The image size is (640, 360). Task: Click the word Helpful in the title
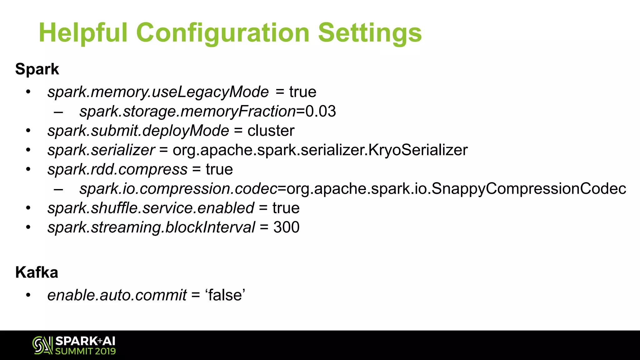coord(83,33)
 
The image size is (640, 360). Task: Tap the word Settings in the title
coord(370,33)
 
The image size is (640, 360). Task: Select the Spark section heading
coord(37,69)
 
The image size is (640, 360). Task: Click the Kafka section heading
coord(37,272)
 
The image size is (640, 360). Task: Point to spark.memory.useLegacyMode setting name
coord(158,92)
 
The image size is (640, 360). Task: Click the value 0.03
coord(321,112)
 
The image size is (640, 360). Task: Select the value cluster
coord(271,131)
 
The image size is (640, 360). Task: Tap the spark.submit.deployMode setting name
coord(138,131)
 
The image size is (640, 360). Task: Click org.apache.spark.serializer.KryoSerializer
coord(320,150)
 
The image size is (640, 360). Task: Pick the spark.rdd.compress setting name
coord(117,170)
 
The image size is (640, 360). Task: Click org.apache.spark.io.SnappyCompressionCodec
coord(456,189)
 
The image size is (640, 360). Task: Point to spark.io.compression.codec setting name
coord(178,189)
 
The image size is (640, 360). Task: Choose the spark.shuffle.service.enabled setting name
coord(151,208)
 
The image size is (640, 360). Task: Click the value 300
coord(286,227)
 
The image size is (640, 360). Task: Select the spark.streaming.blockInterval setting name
coord(151,227)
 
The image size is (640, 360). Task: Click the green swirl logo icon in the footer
coord(42,345)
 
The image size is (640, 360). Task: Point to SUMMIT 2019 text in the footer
coord(85,351)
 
